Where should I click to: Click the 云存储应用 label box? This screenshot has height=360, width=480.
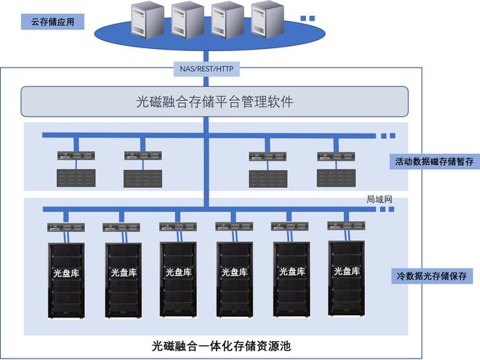(53, 22)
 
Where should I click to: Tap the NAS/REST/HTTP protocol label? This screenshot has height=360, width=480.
(207, 69)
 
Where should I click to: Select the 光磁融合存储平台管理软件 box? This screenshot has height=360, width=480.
(214, 102)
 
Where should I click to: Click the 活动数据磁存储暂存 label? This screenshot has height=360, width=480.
(435, 161)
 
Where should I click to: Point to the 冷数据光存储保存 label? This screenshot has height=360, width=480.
(432, 276)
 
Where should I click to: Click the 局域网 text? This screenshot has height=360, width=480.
(379, 199)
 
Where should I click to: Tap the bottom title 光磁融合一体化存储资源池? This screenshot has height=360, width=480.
(221, 346)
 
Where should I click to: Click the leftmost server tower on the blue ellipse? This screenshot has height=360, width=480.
(148, 20)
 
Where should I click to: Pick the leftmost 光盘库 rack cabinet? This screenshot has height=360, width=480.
(66, 281)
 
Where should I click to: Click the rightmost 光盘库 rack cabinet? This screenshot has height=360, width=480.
(347, 279)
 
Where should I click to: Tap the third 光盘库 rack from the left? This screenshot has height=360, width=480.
(178, 279)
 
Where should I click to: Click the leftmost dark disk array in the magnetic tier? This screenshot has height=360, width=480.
(76, 178)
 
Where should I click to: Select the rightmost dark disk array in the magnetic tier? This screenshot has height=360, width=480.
(336, 178)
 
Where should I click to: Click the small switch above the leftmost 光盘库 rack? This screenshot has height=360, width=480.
(66, 228)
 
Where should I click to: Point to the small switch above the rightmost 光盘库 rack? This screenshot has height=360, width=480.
(346, 226)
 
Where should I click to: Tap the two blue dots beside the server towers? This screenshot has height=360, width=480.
(308, 19)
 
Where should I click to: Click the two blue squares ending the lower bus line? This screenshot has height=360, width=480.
(387, 210)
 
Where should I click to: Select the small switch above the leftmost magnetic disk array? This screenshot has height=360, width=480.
(76, 156)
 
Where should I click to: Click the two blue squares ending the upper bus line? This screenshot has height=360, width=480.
(388, 136)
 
